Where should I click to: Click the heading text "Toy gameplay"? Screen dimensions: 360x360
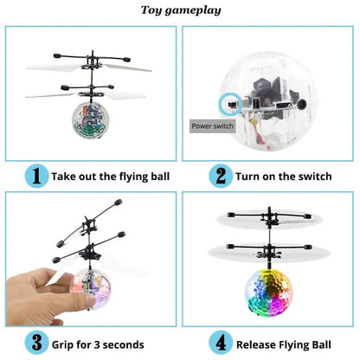[x=180, y=11]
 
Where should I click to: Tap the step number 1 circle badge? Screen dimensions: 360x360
[x=35, y=176]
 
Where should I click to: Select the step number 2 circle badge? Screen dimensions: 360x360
[x=220, y=176]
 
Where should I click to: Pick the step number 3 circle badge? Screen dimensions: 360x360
[x=35, y=343]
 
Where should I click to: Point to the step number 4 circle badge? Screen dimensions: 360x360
[x=220, y=343]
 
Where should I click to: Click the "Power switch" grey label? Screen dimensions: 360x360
[x=213, y=125]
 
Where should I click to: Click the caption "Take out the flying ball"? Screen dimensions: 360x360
[x=111, y=177]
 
